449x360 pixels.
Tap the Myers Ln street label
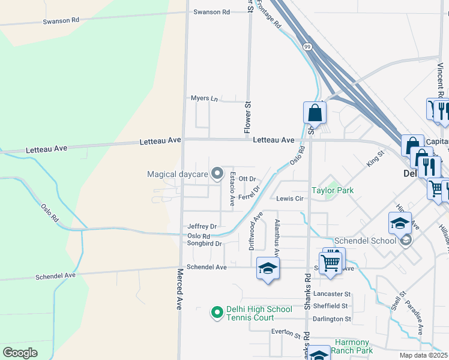204,98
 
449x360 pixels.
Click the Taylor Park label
332,190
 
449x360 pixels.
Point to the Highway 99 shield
307,47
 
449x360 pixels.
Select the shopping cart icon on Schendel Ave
331,262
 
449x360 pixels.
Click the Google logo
20,353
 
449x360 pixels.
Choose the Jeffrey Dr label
202,226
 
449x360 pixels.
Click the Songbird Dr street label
205,244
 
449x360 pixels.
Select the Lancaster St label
331,294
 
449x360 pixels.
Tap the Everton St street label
285,332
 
